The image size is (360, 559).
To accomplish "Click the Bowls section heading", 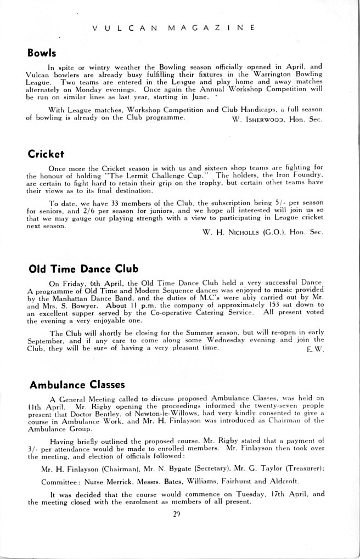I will point(42,54).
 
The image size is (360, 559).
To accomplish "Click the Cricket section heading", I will point(46,154).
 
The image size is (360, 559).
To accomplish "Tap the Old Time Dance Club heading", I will point(83,269).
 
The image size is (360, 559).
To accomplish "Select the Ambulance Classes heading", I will point(77,384).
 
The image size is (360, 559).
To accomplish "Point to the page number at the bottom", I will point(177,513).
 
